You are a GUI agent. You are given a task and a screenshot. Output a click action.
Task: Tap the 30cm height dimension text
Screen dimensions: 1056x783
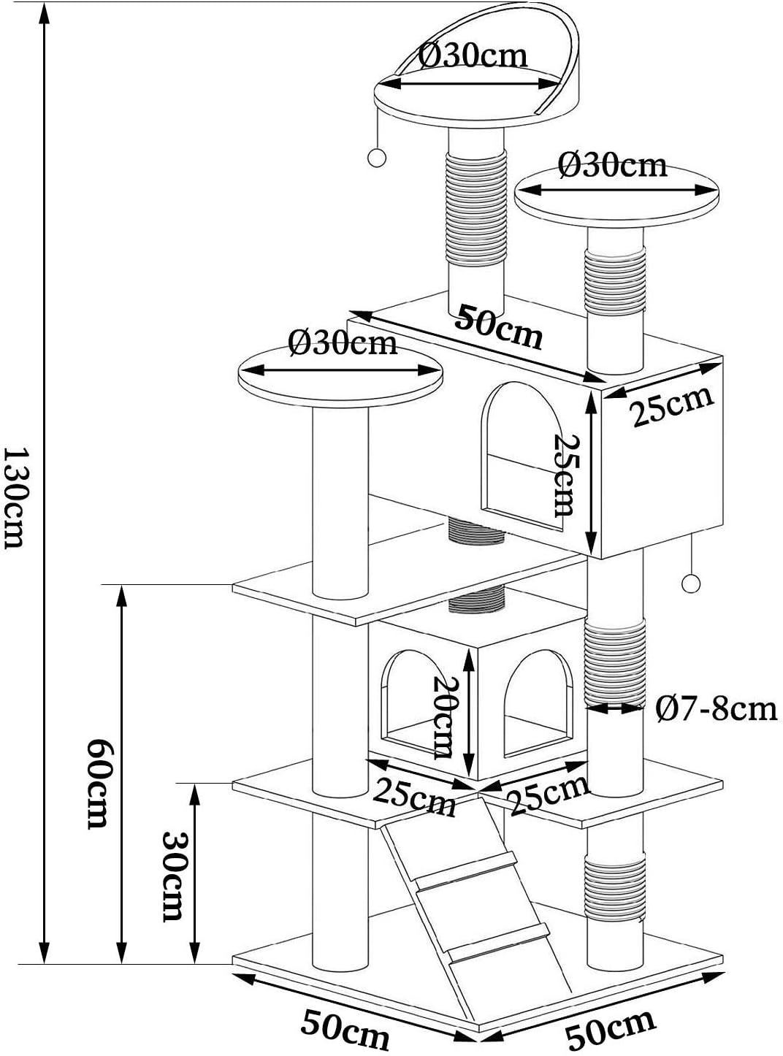(172, 874)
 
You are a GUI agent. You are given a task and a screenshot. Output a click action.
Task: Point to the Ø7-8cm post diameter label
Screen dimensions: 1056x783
(716, 708)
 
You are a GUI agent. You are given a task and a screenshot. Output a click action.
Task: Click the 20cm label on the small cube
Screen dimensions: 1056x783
(443, 716)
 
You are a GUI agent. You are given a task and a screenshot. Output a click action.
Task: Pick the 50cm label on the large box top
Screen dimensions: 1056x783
(500, 326)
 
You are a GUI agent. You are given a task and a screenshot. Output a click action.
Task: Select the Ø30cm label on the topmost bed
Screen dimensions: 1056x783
(473, 55)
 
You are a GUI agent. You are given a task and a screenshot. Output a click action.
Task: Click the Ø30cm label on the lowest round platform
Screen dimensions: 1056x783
(342, 342)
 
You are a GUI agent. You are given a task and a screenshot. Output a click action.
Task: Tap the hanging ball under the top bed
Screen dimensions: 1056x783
(376, 157)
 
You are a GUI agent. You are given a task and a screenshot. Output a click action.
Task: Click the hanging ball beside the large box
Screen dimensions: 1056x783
(690, 584)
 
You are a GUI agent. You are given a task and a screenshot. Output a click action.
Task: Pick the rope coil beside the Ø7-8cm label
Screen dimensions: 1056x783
(616, 661)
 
